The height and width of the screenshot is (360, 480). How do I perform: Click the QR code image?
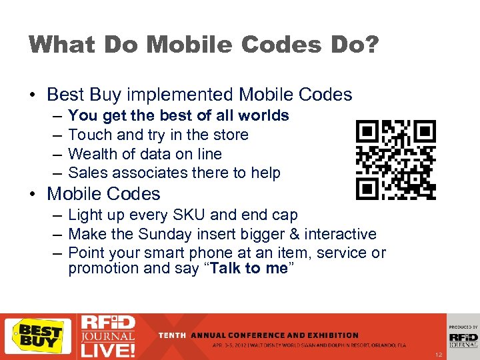(x=395, y=160)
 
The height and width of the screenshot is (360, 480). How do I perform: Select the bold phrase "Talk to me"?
(x=249, y=269)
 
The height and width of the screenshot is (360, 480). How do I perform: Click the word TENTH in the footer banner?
(x=173, y=335)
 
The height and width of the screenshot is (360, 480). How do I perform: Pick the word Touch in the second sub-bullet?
(x=89, y=135)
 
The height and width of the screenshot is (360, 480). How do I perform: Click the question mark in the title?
(x=370, y=45)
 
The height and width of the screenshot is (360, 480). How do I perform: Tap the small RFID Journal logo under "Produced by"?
(x=463, y=340)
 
